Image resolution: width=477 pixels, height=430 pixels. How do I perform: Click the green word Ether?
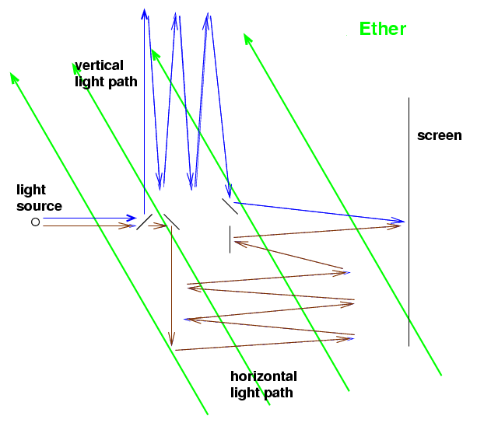tap(383, 29)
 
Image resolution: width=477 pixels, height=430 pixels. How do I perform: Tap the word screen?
tap(440, 135)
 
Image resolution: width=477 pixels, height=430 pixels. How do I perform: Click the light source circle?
tap(35, 222)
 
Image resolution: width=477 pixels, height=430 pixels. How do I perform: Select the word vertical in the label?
tap(99, 65)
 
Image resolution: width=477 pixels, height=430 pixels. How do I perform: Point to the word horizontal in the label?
tap(264, 376)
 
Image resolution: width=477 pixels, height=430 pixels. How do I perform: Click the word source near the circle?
tap(39, 206)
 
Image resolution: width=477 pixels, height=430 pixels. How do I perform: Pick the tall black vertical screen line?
tap(409, 222)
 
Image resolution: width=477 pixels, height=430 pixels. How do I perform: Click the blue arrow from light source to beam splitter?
tap(89, 218)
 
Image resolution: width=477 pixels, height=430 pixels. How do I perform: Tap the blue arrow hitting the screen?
tap(319, 212)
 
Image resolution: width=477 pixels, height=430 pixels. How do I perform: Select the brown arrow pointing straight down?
tap(171, 285)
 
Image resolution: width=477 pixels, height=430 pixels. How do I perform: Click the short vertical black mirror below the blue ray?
tap(230, 239)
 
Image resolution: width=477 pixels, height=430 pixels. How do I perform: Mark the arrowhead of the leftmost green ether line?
tap(14, 77)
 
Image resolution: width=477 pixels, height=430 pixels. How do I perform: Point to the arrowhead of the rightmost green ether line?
tap(247, 38)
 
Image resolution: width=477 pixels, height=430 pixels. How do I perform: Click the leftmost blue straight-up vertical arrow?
tap(144, 111)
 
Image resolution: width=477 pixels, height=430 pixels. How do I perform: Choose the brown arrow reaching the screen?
tap(317, 232)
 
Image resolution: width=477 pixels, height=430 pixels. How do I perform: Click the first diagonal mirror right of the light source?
tap(144, 222)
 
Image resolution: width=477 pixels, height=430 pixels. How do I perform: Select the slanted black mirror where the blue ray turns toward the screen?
tap(230, 206)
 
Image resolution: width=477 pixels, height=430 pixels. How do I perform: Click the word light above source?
tap(31, 191)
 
